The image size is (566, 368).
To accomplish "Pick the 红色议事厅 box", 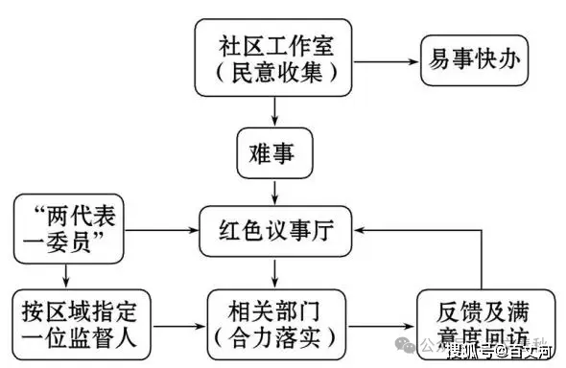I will (x=275, y=230).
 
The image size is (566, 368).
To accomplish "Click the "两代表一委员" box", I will (x=67, y=229).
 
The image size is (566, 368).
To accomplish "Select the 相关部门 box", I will (x=275, y=323).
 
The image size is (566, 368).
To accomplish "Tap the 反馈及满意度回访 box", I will (x=474, y=323).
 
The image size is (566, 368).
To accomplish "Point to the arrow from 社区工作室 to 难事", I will (x=275, y=112).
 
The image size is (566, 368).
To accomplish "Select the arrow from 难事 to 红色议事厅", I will (x=275, y=190).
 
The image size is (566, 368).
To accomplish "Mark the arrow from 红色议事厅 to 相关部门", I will (x=275, y=273).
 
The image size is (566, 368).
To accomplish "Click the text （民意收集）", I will (x=274, y=73).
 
